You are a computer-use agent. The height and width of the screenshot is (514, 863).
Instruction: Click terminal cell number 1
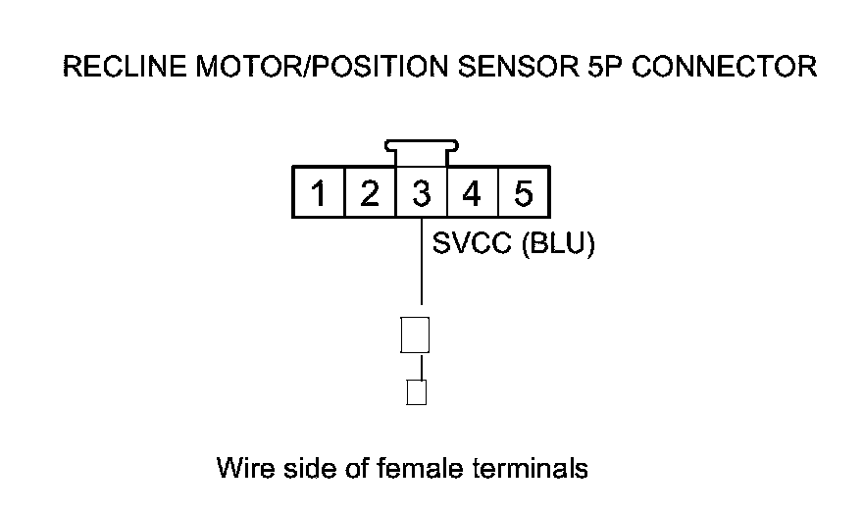319,193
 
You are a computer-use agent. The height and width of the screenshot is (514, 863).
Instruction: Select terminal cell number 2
370,193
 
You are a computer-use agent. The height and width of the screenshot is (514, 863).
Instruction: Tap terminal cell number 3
421,193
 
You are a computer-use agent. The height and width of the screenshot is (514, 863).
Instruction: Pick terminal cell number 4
472,193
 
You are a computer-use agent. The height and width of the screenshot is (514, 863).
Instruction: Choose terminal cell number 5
523,193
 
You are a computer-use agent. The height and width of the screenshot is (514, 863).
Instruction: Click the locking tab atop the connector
421,152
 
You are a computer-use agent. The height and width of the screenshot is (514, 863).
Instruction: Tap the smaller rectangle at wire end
416,392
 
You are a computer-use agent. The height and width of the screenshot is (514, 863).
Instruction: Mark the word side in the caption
300,468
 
